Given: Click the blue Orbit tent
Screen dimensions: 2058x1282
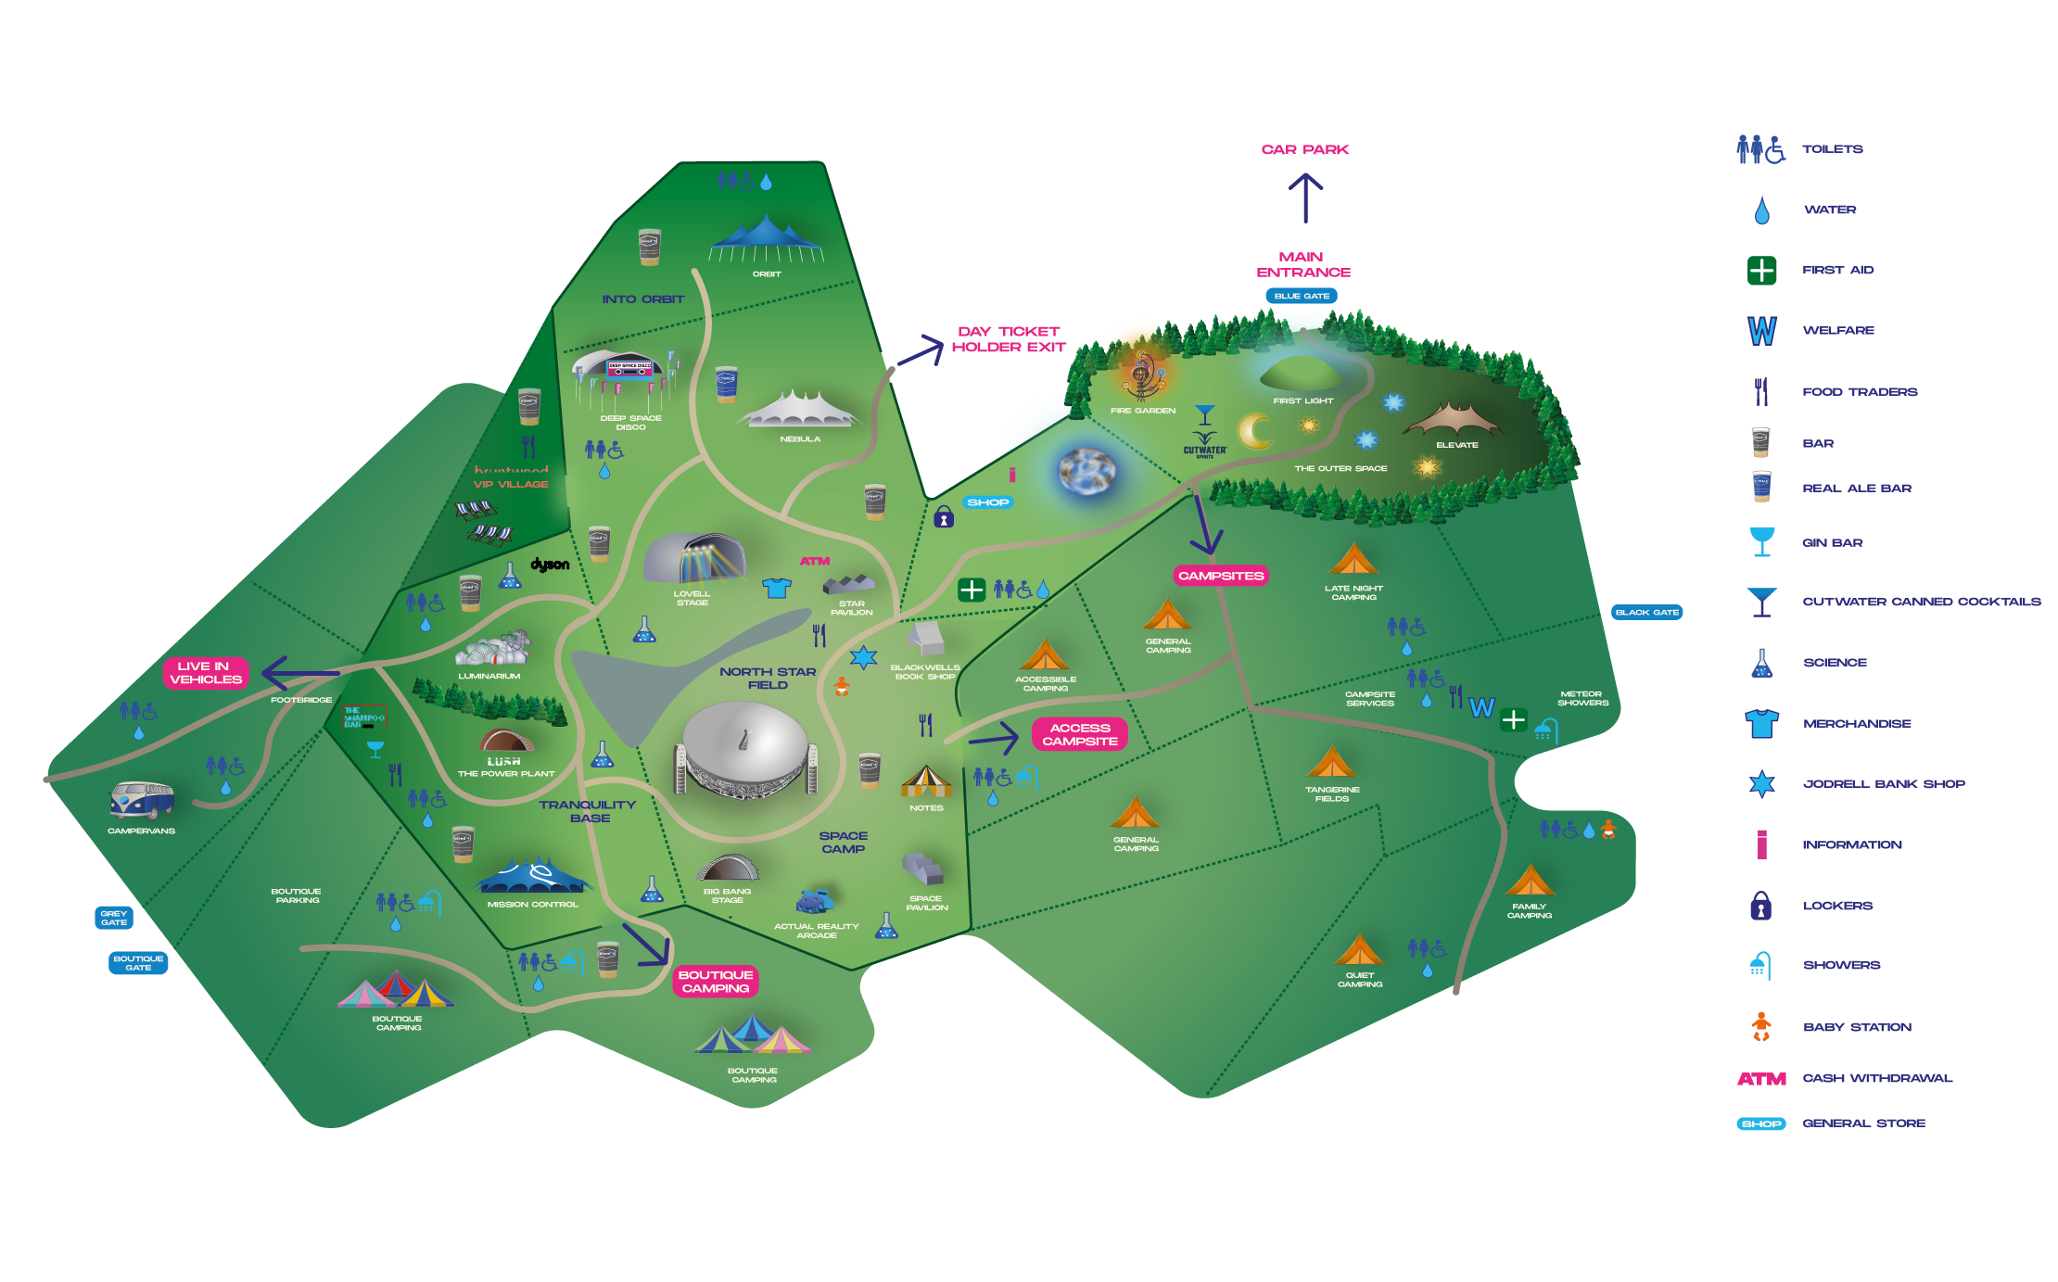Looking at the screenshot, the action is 766,238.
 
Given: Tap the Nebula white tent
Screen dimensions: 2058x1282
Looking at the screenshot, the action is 799,411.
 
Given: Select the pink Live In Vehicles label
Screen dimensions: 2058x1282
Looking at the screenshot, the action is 206,673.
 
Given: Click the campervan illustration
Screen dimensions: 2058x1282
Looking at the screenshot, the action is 142,800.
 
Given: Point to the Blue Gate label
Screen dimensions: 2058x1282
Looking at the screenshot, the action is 1302,297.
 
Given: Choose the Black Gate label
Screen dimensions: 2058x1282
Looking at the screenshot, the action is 1646,613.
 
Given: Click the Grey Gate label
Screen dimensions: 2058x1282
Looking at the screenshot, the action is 114,918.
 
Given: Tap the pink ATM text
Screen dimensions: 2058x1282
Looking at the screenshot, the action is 815,562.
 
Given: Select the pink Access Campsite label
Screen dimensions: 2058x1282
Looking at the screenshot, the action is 1080,734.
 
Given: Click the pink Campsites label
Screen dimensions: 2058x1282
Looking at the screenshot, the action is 1221,576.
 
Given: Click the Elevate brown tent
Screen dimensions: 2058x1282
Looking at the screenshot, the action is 1454,420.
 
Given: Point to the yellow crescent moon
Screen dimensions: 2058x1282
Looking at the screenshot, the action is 1254,431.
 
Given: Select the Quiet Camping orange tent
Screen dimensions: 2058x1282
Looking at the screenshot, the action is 1359,950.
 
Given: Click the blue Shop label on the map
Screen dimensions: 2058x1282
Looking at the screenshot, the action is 987,502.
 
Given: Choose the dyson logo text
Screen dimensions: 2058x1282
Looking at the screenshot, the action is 550,565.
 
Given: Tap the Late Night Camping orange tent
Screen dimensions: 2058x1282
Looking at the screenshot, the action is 1353,560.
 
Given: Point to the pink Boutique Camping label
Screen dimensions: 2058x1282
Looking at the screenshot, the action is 716,982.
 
